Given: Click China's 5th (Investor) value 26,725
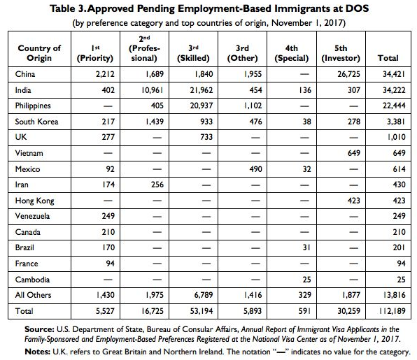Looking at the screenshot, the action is [x=348, y=74].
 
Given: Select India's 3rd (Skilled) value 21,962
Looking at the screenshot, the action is [x=202, y=90].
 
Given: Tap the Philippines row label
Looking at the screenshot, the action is [x=33, y=106].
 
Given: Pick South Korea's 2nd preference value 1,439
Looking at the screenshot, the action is [x=155, y=122].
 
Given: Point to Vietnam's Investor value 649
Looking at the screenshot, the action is [x=354, y=153].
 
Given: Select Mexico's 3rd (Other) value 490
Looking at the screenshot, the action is [x=255, y=169].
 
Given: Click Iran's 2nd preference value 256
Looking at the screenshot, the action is [x=157, y=185].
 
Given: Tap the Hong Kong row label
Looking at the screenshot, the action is [x=34, y=201].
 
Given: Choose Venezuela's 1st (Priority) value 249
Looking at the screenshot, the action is [x=108, y=216].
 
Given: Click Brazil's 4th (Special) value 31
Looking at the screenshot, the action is [x=306, y=247].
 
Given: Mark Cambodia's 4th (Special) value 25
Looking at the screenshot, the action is [x=306, y=280].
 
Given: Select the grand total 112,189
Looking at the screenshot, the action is [x=393, y=311].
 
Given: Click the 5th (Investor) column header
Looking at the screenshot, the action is [x=341, y=53].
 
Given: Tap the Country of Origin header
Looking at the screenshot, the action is [x=39, y=53].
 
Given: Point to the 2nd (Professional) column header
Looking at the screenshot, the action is [x=144, y=48].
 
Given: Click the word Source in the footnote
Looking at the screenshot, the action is [x=39, y=329].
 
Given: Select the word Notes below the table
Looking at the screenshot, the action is [x=38, y=352].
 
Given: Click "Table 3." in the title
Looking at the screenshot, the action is [x=68, y=8].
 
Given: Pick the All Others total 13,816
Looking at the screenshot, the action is [x=394, y=295].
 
